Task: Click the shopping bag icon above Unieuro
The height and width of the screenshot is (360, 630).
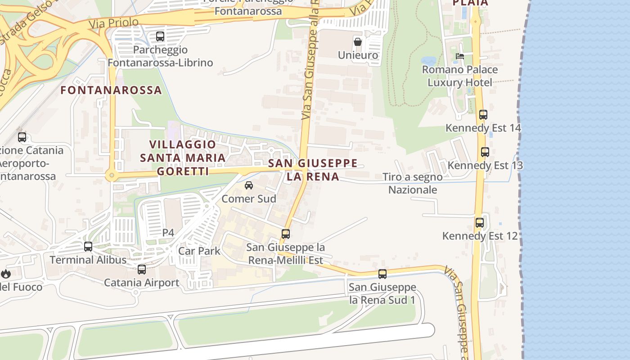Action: click(358, 42)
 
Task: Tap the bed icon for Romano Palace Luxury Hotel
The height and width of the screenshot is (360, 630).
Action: click(459, 56)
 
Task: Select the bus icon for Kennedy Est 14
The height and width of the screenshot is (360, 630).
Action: click(483, 115)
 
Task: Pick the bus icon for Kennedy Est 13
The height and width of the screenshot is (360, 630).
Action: click(485, 152)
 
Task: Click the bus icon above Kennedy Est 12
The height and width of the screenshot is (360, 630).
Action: click(479, 222)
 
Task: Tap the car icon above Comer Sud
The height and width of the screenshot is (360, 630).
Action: click(248, 185)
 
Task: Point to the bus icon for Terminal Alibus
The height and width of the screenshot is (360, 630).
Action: click(88, 247)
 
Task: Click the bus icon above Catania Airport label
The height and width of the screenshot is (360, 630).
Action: click(142, 270)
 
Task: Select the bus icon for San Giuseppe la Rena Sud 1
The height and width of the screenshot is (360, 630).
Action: click(382, 274)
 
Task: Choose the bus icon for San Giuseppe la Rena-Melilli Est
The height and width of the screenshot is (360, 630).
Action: click(285, 234)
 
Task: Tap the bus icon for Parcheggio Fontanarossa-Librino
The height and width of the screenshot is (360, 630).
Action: click(160, 36)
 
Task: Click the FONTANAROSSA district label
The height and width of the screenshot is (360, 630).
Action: click(111, 90)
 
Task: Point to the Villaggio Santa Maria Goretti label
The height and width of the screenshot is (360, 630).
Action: click(183, 157)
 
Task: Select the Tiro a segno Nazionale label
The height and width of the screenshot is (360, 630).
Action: click(412, 183)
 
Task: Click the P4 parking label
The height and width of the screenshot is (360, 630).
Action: click(168, 232)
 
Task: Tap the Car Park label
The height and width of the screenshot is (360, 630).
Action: click(199, 251)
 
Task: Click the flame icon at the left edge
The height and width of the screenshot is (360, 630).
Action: click(5, 274)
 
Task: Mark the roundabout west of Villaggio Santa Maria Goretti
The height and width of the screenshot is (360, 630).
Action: click(111, 175)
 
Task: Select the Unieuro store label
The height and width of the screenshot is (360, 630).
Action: click(358, 55)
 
